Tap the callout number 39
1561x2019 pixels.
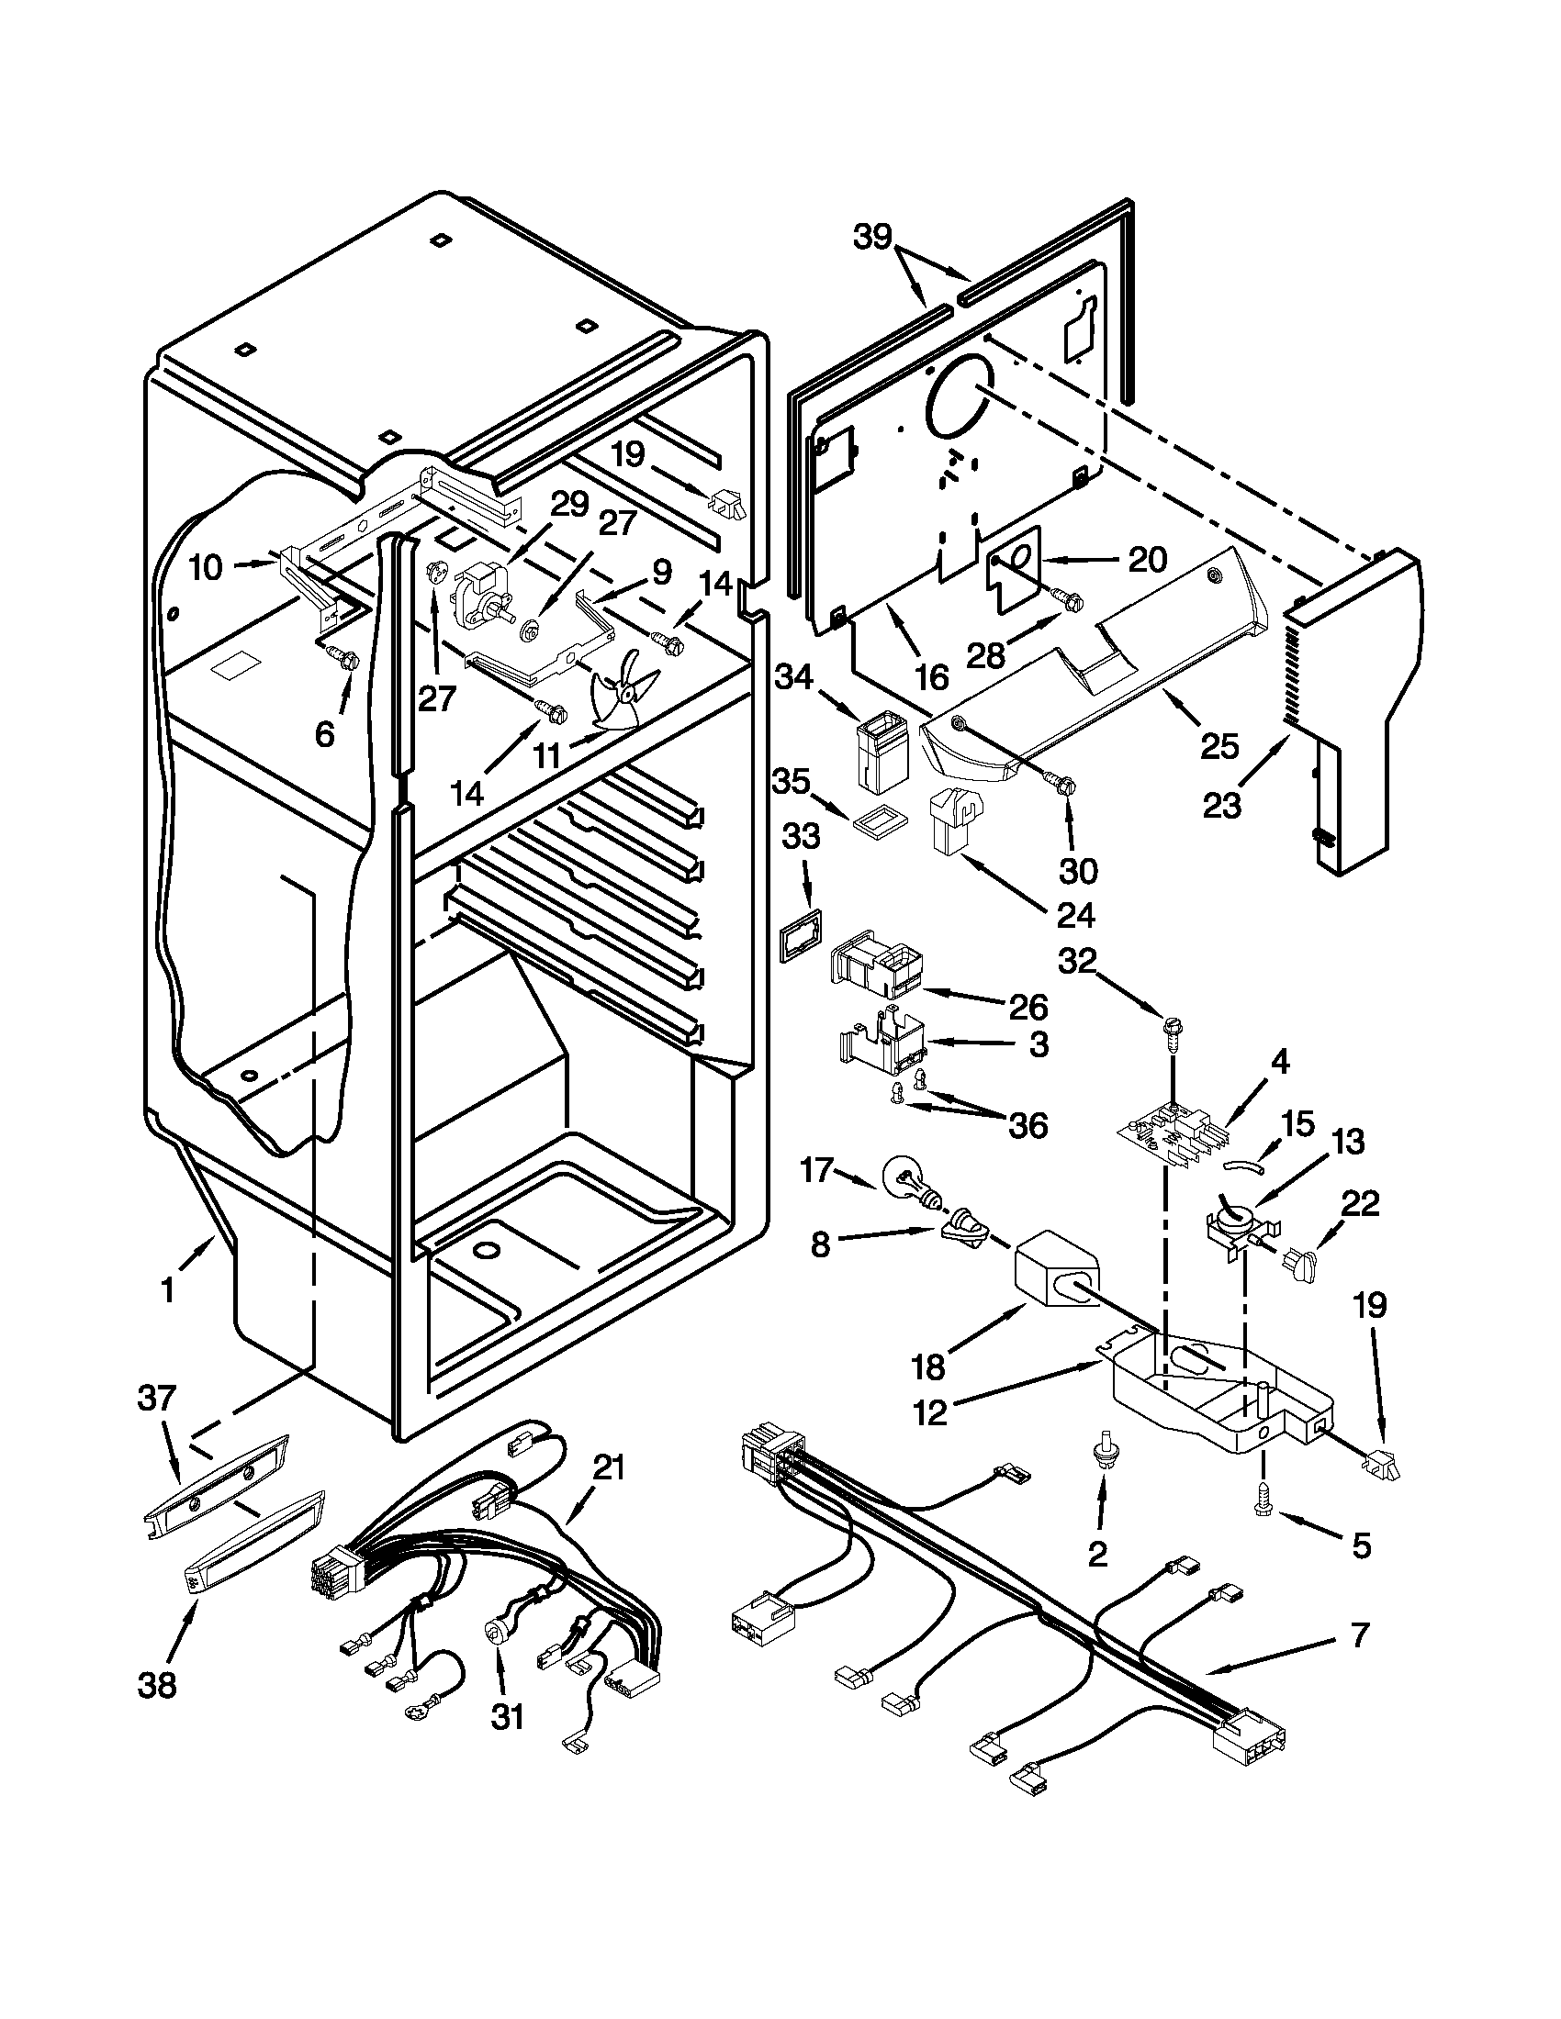pos(872,238)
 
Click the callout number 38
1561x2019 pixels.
pos(156,1684)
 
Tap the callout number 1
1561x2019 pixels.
pos(167,1290)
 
